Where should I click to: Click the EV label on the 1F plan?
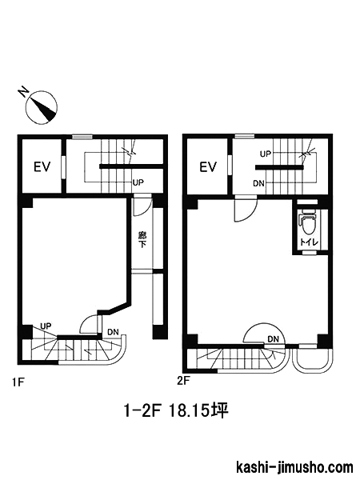(42, 167)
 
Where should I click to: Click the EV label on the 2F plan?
(208, 167)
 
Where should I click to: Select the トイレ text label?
(309, 242)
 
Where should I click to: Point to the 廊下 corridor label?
(142, 240)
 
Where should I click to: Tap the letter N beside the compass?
(23, 92)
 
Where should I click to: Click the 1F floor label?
(18, 382)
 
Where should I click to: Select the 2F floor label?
(184, 381)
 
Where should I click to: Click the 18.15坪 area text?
(198, 410)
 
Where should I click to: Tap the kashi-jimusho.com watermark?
(294, 468)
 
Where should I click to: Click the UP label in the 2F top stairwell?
(266, 154)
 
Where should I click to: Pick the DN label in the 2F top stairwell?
(258, 183)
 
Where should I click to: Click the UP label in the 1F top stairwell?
(138, 182)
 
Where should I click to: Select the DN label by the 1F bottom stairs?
(113, 331)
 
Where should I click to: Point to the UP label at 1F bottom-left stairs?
(46, 326)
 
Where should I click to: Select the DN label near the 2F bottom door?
(273, 339)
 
